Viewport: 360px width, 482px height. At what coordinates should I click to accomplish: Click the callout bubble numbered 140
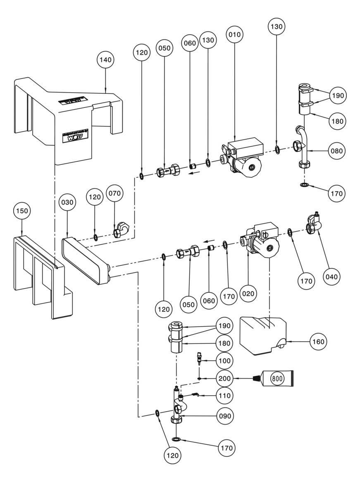105,60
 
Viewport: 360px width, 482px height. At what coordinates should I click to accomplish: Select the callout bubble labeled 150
21,210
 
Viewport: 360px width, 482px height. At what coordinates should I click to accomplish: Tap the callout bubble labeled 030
67,202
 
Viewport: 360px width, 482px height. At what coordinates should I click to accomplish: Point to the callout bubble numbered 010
234,34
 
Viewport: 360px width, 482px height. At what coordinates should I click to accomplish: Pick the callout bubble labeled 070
114,193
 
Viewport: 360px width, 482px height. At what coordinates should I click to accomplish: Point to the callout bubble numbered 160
319,341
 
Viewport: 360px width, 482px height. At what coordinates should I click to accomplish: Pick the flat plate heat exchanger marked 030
85,260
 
